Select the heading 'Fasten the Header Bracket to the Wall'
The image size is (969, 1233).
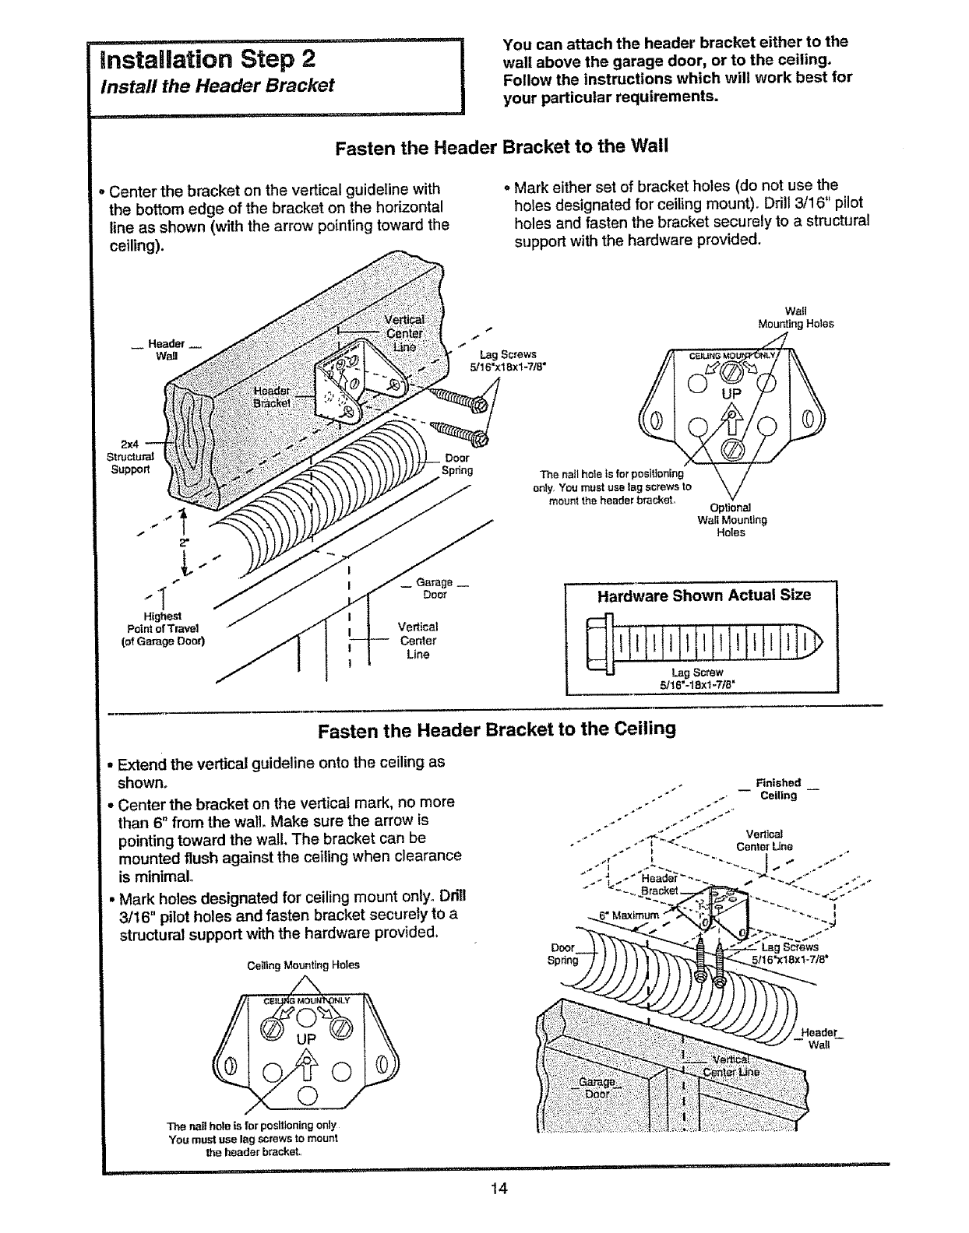[502, 147]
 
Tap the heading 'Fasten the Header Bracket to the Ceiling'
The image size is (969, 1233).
[497, 729]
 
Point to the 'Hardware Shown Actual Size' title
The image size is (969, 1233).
[703, 595]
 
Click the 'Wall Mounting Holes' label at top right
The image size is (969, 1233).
[795, 318]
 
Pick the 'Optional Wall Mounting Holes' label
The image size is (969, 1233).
[731, 520]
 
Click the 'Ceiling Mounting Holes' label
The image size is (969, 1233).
[303, 964]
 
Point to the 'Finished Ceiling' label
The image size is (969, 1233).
[778, 789]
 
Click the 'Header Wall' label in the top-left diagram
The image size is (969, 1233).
[166, 350]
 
